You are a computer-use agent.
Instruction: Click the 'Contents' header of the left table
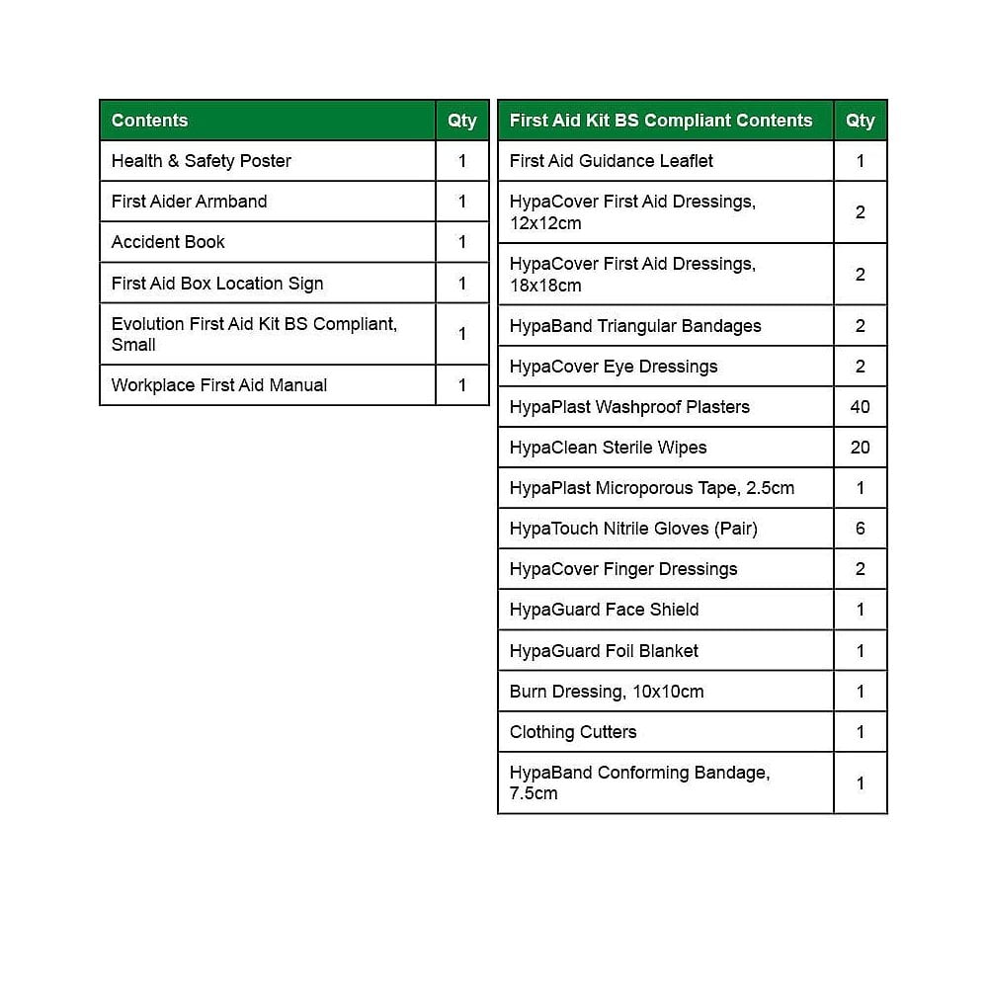pos(149,121)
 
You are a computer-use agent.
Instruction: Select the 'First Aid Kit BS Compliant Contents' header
pos(661,121)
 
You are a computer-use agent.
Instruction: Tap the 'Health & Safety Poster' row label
pos(202,161)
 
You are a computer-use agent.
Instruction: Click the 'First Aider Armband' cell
pos(190,202)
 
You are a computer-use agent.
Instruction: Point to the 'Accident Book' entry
pos(168,242)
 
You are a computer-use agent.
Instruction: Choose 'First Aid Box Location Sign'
pos(217,284)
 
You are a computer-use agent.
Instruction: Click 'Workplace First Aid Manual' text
pos(219,385)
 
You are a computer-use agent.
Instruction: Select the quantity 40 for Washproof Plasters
pos(860,407)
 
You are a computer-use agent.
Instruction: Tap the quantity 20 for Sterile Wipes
pos(860,448)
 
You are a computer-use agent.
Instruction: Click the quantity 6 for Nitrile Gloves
pos(860,529)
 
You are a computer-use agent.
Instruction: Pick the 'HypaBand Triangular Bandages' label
pos(635,326)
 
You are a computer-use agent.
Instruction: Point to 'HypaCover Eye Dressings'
pos(614,367)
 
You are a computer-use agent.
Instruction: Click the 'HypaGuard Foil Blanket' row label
pos(604,651)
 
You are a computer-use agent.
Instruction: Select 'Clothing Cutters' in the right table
pos(573,732)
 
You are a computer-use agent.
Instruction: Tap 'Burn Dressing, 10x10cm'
pos(607,692)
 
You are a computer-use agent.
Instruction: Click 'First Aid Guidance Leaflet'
pos(612,161)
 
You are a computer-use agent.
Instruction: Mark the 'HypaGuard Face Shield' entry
pos(604,610)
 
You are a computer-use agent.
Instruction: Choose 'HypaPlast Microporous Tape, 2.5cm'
pos(652,488)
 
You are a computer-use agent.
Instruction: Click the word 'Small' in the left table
pos(133,345)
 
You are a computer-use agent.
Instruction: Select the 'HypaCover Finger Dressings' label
pos(623,569)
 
